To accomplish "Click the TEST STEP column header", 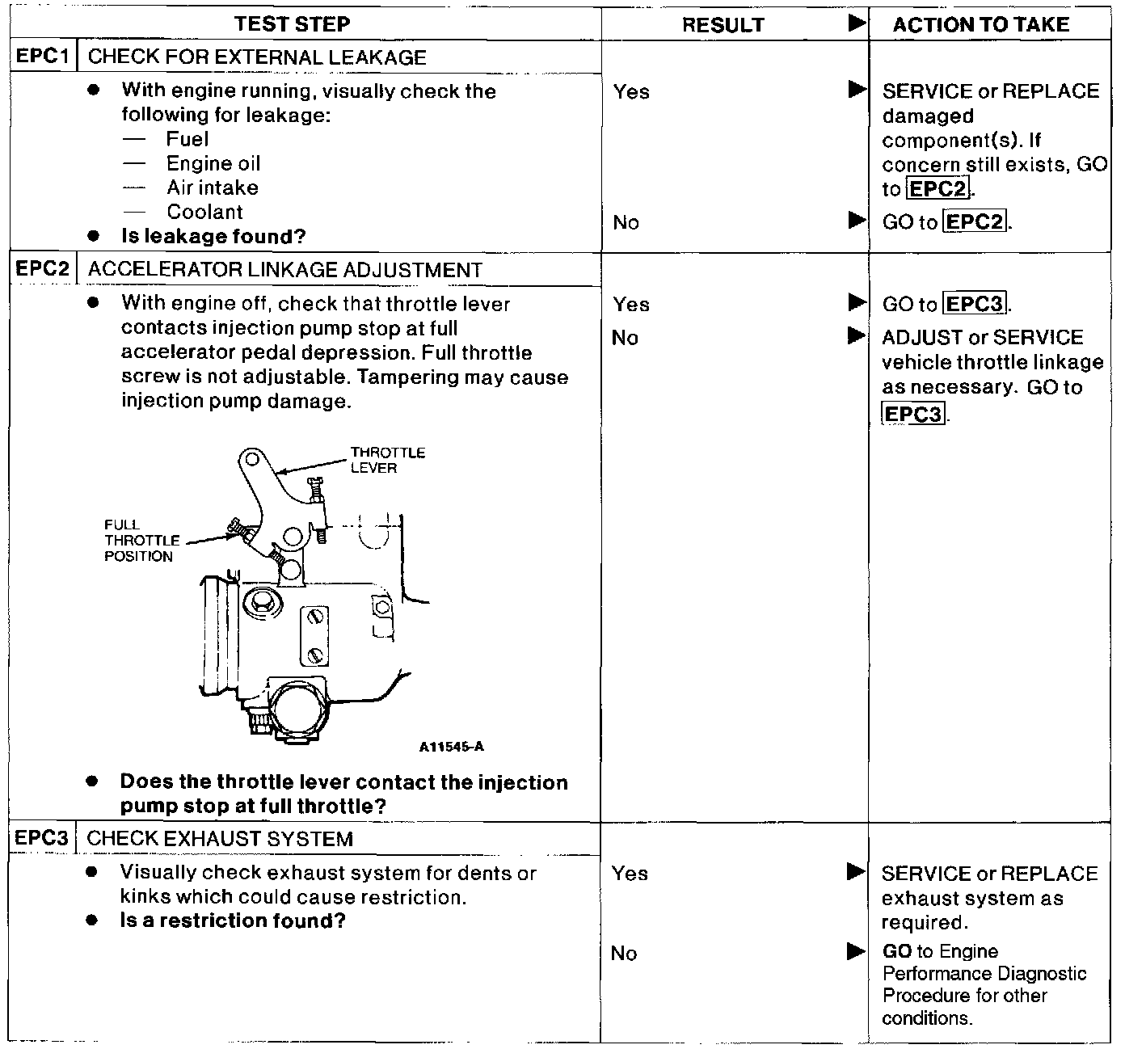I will [x=293, y=24].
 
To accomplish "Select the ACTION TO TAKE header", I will [x=981, y=24].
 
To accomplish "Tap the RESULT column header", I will [x=723, y=25].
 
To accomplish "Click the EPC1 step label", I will [x=42, y=57].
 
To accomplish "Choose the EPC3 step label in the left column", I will [x=42, y=837].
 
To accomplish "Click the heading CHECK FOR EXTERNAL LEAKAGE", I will [x=257, y=57].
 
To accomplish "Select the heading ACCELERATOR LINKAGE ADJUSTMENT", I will [x=284, y=270].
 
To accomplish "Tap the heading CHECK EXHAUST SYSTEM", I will [x=220, y=839].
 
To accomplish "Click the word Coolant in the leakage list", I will [x=204, y=212].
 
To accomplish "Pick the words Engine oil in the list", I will [x=213, y=163].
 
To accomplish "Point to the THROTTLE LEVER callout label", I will [x=387, y=460].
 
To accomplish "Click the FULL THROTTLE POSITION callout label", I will [x=138, y=540].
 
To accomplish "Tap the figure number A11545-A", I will [x=451, y=747].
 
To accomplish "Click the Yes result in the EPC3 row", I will [x=630, y=873].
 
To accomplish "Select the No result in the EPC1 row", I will [x=626, y=222].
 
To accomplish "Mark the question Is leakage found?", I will [x=213, y=236].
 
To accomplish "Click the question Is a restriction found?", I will [x=233, y=921].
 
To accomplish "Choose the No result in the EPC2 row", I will [x=625, y=338].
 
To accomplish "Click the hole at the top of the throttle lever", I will [x=251, y=460].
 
